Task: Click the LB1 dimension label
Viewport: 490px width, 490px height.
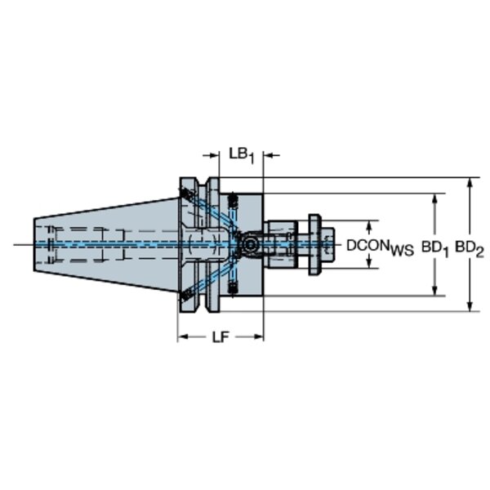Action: tap(242, 156)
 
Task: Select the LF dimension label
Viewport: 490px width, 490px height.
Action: tap(221, 337)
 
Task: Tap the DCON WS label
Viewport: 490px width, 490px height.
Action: tap(380, 247)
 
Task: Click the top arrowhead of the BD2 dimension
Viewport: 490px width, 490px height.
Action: tap(469, 183)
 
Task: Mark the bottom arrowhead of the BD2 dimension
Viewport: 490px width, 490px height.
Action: tap(469, 305)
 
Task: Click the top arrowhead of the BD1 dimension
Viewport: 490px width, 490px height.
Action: tap(434, 199)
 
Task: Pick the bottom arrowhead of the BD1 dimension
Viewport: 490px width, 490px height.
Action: tap(434, 290)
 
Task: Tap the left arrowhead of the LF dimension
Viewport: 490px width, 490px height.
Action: tap(183, 336)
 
